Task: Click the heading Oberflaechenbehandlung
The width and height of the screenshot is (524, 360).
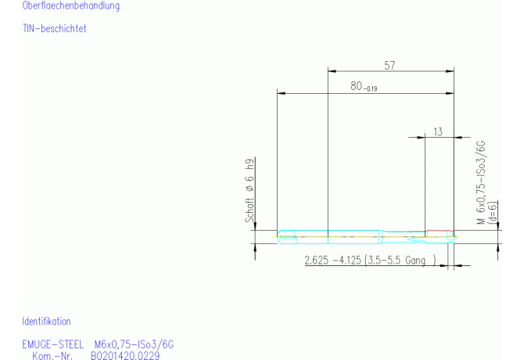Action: point(71,5)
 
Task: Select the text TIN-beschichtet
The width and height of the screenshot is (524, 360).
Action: point(55,28)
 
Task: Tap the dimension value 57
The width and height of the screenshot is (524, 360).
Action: point(389,65)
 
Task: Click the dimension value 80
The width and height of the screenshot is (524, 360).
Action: point(356,86)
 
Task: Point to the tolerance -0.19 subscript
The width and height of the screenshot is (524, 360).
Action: point(370,88)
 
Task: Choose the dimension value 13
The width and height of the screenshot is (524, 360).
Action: point(438,131)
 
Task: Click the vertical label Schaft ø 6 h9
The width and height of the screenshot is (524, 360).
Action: point(249,190)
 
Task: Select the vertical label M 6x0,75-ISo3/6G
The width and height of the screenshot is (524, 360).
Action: point(481,182)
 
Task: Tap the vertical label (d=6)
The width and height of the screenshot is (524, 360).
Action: point(493,212)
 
